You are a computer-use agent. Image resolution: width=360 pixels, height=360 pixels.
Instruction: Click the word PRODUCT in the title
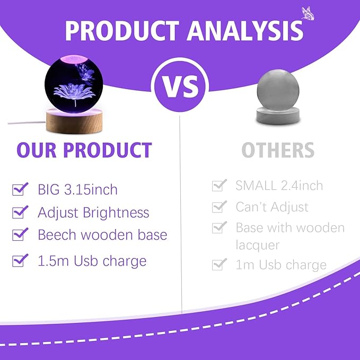pos(122,31)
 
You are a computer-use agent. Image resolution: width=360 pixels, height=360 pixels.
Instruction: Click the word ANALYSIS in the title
pos(244,31)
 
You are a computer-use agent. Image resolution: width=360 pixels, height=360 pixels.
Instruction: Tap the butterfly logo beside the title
pos(308,13)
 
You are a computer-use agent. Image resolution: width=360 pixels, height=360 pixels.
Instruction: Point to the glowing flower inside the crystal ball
pos(74,93)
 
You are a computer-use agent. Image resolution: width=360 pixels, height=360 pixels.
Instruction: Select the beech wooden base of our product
pos(74,121)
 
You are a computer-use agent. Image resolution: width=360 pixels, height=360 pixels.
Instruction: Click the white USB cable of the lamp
pos(27,122)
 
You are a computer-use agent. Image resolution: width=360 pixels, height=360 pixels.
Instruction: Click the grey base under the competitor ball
pos(278,116)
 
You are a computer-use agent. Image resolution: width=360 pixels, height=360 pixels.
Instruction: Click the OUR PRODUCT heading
pos(84,150)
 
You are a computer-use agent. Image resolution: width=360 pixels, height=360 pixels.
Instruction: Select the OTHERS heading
pos(278,150)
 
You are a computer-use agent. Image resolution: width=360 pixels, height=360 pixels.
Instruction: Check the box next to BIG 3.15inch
pos(20,189)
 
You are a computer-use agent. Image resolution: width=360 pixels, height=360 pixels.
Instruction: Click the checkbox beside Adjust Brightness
pos(20,212)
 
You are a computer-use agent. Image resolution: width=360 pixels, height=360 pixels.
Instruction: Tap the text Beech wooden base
pos(102,235)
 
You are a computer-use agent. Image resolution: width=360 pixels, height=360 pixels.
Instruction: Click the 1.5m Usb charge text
pos(92,261)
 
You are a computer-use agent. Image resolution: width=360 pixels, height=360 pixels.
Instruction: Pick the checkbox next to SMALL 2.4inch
pos(219,185)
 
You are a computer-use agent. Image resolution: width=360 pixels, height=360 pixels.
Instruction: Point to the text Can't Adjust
pos(272,207)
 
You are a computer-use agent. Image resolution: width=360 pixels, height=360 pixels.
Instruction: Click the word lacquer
pos(258,245)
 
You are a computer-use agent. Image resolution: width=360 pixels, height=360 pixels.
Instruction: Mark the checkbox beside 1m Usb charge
pos(219,264)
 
